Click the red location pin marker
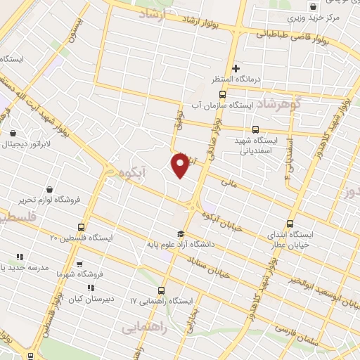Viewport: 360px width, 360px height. coord(181,165)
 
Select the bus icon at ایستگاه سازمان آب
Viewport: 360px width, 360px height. coord(222,95)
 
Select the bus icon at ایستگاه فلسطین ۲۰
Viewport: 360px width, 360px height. coord(82,226)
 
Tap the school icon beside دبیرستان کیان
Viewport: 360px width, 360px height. coord(90,288)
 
